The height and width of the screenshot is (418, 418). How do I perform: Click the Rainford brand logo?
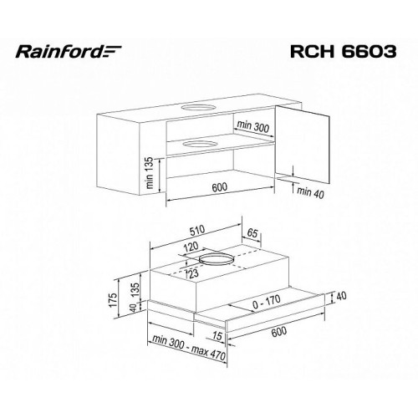click(x=69, y=52)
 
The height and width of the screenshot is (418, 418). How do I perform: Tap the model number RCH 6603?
click(x=343, y=51)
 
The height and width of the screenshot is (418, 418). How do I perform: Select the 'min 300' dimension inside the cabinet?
click(x=253, y=126)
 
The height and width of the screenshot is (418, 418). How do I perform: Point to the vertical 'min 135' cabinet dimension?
click(x=149, y=173)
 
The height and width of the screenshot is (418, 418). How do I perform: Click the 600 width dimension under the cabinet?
click(x=220, y=187)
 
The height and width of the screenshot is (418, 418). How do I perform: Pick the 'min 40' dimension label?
click(x=310, y=193)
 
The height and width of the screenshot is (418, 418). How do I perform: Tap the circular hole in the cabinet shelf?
click(x=200, y=144)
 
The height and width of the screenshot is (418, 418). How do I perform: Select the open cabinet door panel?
click(x=303, y=145)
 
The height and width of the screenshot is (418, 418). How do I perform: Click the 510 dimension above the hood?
click(x=197, y=231)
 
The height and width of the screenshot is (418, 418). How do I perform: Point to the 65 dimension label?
click(x=252, y=233)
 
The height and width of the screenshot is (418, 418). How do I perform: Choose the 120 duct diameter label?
click(x=191, y=247)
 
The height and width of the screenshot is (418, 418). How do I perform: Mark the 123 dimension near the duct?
click(x=193, y=273)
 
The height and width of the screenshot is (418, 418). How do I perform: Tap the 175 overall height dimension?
click(x=114, y=300)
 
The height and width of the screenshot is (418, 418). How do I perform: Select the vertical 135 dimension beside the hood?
click(x=135, y=290)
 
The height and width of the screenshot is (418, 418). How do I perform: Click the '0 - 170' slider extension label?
click(x=267, y=302)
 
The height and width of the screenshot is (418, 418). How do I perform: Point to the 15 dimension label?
click(x=217, y=336)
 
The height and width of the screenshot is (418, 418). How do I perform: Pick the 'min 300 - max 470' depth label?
click(x=189, y=348)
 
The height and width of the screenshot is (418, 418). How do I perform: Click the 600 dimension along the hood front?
click(x=278, y=332)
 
